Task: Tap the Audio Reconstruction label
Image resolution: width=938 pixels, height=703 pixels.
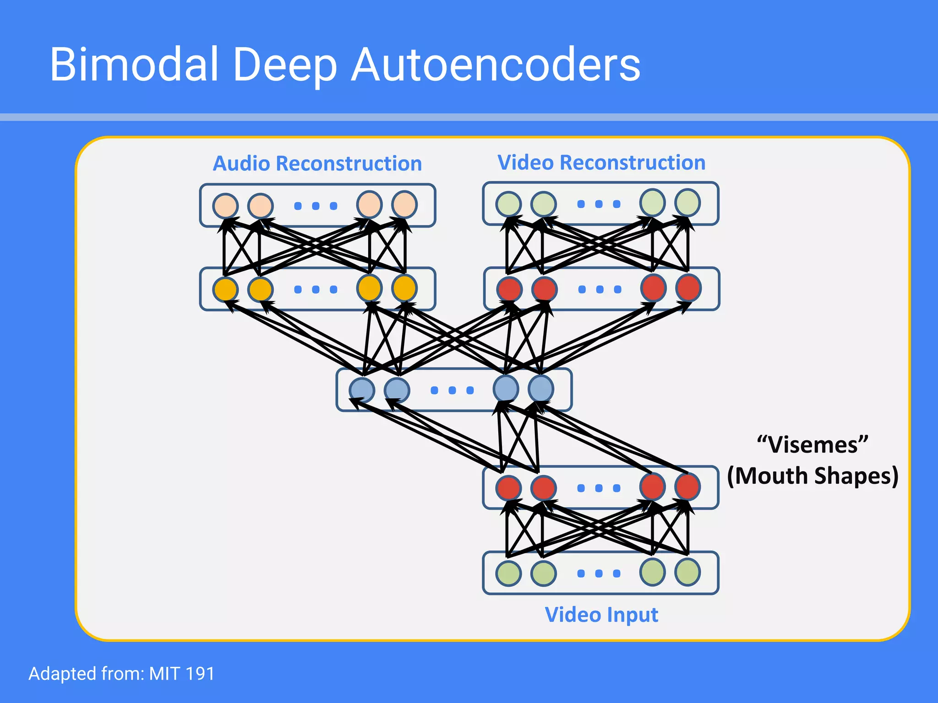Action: (317, 163)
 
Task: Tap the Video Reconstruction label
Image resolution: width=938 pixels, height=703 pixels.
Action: (601, 162)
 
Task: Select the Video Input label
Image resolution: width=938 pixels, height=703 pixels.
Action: (601, 615)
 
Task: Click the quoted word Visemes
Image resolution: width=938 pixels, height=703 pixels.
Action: (813, 444)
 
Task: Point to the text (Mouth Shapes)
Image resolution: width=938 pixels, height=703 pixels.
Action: (813, 476)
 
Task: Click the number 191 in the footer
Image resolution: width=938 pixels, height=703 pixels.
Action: (200, 674)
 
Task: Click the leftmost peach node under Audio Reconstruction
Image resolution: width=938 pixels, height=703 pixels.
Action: (225, 205)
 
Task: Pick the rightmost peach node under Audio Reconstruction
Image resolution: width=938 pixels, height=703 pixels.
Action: (404, 205)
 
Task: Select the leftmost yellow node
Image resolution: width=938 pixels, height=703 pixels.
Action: (225, 289)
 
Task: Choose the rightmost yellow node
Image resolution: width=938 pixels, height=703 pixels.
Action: (404, 288)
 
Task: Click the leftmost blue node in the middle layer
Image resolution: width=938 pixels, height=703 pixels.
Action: (362, 390)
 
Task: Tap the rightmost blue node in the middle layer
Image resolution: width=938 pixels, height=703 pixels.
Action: (541, 389)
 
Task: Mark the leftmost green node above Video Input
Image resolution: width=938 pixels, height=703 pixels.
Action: (508, 573)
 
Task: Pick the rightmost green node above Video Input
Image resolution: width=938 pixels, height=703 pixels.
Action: (687, 572)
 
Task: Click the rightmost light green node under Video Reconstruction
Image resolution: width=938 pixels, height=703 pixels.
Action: (687, 203)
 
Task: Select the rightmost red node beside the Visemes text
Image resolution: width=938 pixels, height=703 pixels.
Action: (687, 487)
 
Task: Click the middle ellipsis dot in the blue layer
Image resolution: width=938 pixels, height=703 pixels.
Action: (452, 390)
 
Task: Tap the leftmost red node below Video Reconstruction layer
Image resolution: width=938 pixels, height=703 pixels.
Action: (509, 289)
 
